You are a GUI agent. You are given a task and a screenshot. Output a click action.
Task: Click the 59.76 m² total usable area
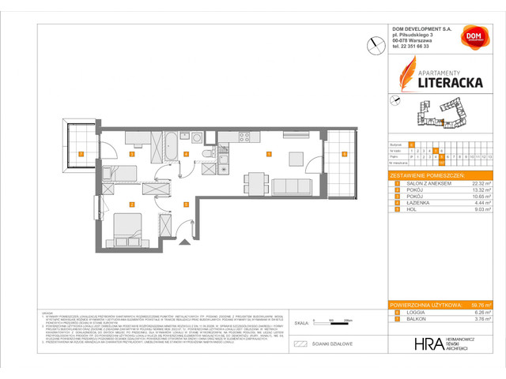[x=480, y=304]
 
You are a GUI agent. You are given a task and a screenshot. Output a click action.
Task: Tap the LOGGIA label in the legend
[x=411, y=311]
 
